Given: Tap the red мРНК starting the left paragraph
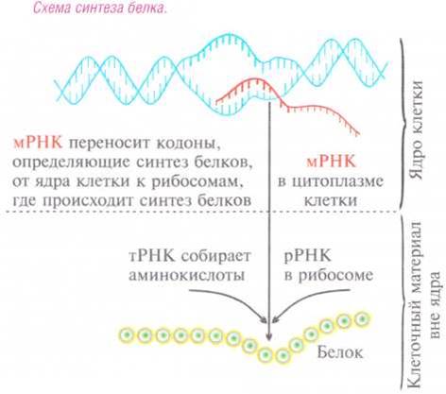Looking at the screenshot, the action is click(38, 144).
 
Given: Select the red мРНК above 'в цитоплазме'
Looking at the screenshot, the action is click(331, 162).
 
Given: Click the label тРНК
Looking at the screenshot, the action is click(152, 256).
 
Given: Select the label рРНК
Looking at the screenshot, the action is click(308, 256).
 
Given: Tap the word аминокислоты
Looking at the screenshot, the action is click(186, 275).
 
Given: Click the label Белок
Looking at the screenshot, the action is click(340, 352).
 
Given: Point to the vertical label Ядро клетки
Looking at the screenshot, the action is click(417, 130).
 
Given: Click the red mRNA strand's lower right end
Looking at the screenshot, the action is click(358, 134).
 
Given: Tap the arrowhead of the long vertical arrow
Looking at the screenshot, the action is click(268, 337).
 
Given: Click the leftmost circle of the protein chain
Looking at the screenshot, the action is click(128, 334).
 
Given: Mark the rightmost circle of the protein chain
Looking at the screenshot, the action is click(361, 319).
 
